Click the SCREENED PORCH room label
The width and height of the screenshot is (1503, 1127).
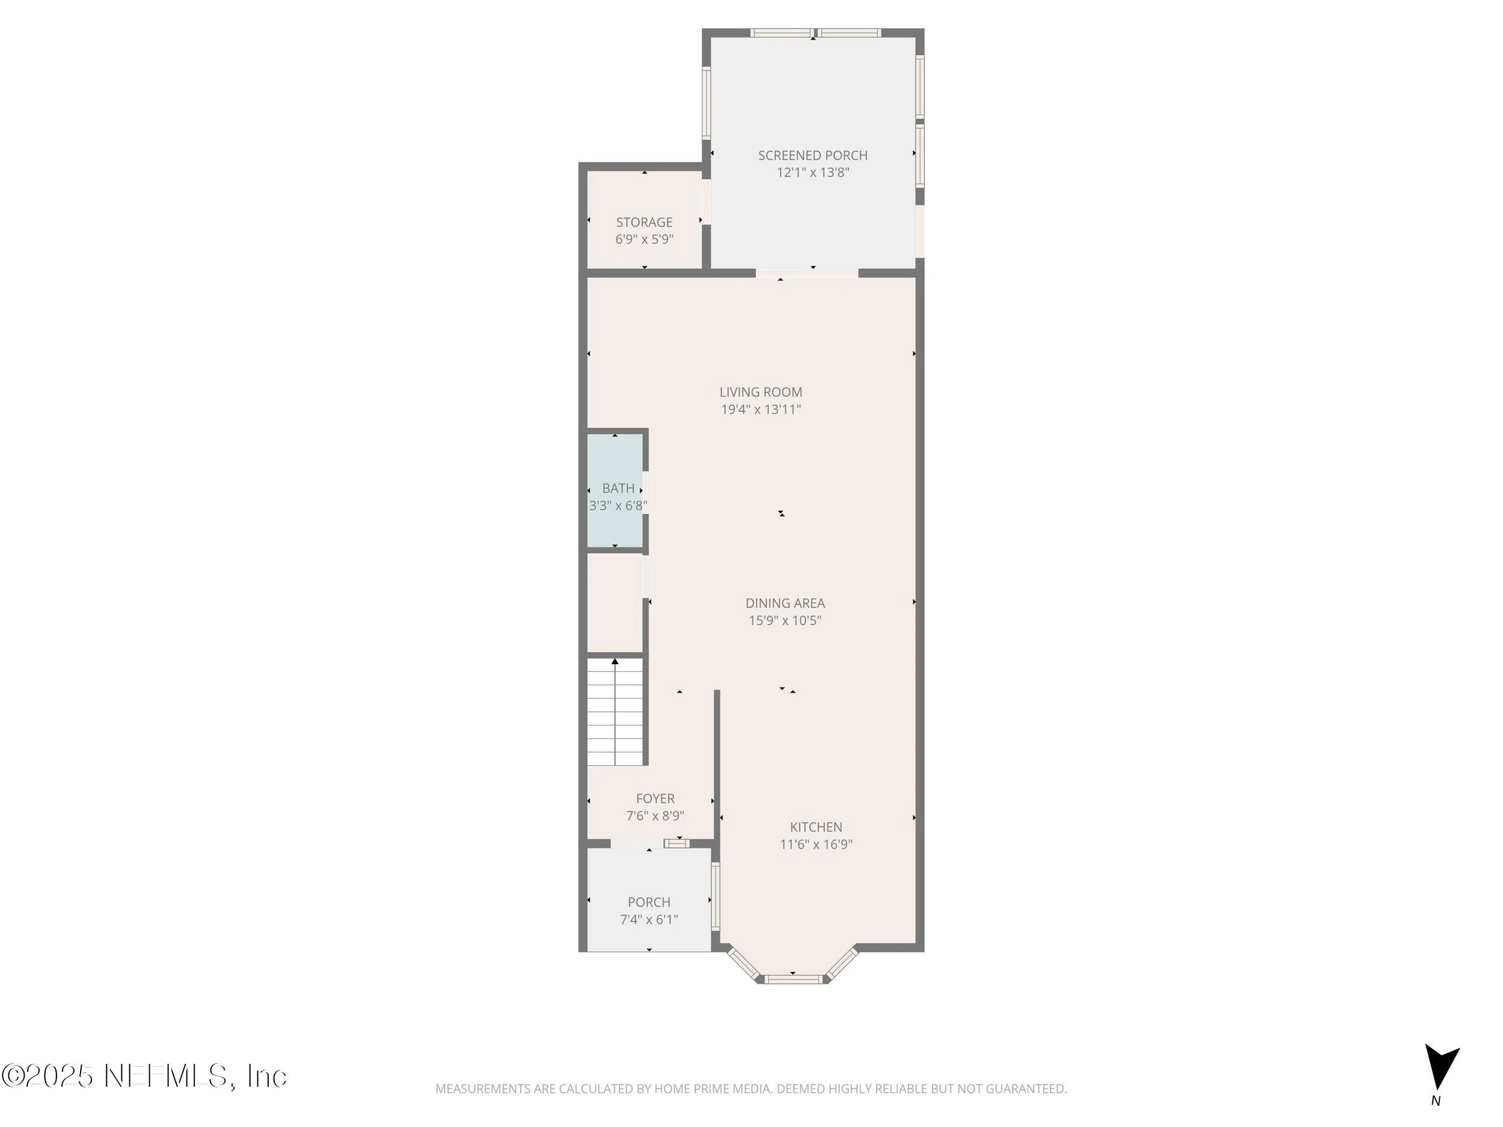click(813, 156)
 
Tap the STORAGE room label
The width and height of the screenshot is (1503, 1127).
click(644, 222)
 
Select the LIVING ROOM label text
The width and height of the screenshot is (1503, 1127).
click(761, 392)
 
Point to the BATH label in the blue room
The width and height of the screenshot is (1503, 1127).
click(618, 487)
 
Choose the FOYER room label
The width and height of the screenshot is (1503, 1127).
click(656, 798)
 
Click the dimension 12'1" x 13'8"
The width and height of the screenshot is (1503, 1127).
click(813, 173)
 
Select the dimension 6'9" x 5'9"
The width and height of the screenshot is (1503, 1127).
click(644, 239)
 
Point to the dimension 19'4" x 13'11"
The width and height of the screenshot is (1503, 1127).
click(761, 409)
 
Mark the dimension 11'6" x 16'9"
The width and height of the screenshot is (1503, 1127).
click(816, 844)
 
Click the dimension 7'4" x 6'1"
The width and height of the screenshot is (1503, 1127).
click(649, 920)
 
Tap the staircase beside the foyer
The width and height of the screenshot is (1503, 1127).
click(615, 711)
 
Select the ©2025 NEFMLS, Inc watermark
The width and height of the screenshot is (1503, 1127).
click(144, 1076)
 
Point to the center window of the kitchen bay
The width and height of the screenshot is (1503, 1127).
click(793, 979)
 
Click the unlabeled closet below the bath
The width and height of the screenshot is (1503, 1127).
click(615, 602)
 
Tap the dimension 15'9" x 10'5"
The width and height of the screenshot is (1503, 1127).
click(786, 620)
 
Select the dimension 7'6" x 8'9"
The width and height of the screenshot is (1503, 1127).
click(655, 816)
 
